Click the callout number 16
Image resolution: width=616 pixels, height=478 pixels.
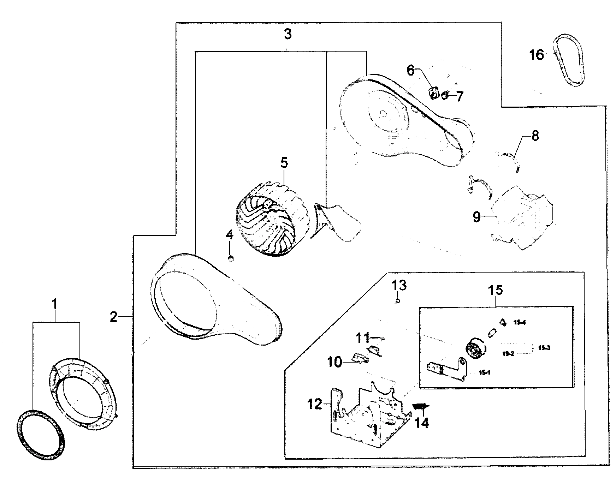[x=537, y=55]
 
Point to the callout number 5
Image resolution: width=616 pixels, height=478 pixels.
[x=284, y=163]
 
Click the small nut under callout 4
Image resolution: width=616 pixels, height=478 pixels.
[x=231, y=259]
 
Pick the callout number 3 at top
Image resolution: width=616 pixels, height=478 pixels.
[x=288, y=35]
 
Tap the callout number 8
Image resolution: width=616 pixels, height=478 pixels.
[x=535, y=136]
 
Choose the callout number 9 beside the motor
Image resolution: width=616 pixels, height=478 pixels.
[x=477, y=217]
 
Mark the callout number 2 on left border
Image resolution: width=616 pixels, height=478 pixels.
[x=113, y=317]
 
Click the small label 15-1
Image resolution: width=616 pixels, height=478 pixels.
[x=485, y=372]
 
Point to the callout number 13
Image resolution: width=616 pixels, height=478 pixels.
[x=399, y=285]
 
